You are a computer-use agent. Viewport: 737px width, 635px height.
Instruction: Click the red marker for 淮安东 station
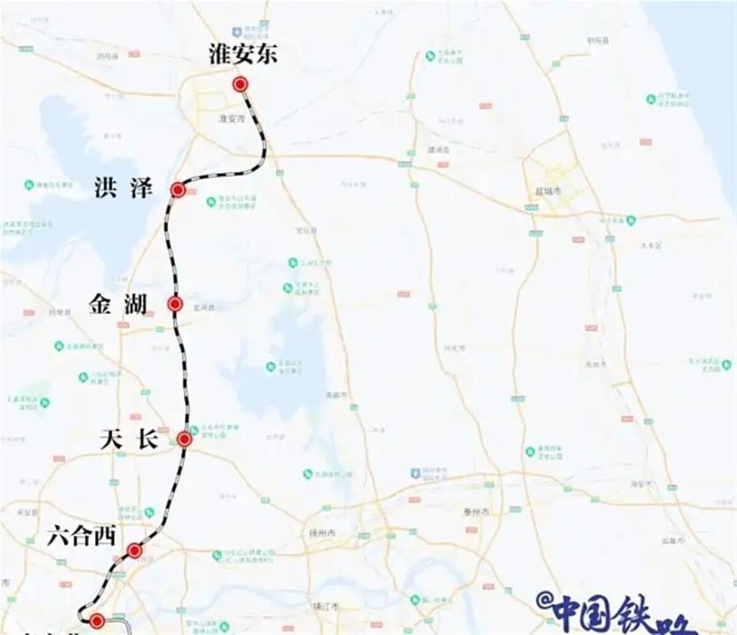tap(241, 85)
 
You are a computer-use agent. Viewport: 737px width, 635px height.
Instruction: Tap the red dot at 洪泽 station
tap(178, 190)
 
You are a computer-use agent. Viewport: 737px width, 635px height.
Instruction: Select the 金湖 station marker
tap(175, 304)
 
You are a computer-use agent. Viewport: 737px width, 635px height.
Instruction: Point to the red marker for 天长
tap(184, 439)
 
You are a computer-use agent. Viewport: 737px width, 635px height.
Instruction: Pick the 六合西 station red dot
tap(134, 550)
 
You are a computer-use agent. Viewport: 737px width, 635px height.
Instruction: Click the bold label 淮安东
tap(243, 54)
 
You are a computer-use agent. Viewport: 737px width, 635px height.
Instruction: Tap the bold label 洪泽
tap(124, 188)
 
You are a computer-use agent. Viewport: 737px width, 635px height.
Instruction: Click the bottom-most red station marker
tap(97, 621)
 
